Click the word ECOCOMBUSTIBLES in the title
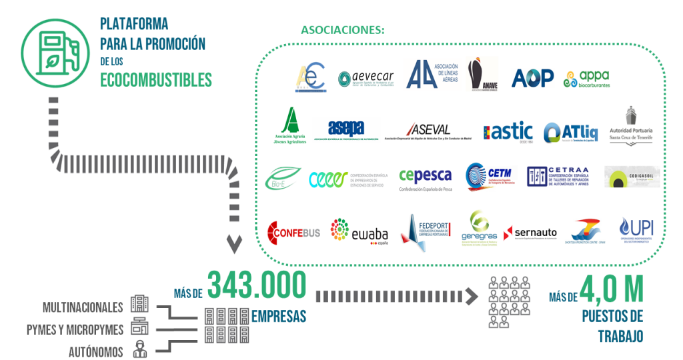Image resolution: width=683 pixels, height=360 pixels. click(x=155, y=80)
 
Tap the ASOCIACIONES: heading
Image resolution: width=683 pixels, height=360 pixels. click(x=343, y=30)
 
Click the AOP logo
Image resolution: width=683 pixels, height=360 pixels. click(x=532, y=78)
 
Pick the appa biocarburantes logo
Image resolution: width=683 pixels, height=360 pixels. click(x=587, y=79)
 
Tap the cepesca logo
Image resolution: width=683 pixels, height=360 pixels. click(x=425, y=177)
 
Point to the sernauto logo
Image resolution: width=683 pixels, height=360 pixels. click(x=530, y=233)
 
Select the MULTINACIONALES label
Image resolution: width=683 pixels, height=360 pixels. click(x=83, y=307)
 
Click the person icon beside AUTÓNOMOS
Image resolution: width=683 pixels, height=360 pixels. click(x=139, y=348)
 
